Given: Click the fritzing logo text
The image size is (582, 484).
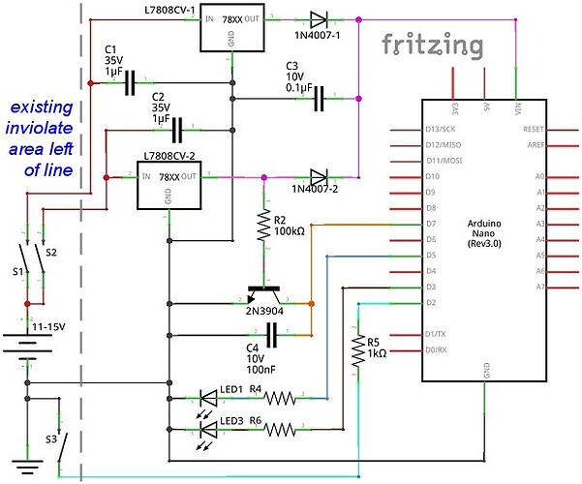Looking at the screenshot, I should click(432, 45).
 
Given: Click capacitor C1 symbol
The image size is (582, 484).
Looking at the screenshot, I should click(131, 84).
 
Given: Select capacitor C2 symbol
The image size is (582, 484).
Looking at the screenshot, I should click(179, 127).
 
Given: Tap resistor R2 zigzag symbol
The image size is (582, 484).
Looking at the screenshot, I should click(264, 227).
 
